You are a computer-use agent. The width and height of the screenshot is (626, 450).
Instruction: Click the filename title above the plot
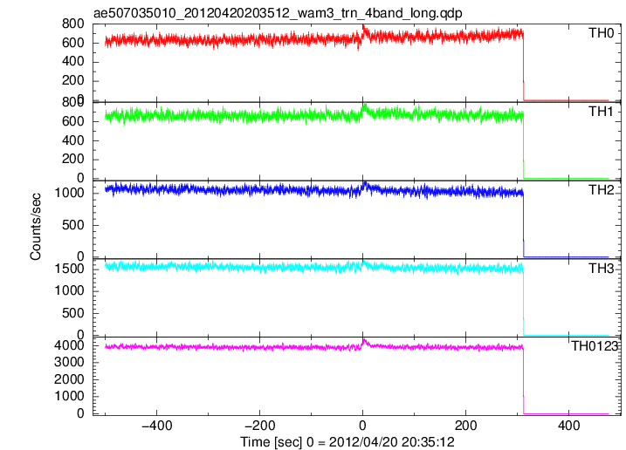[x=278, y=13]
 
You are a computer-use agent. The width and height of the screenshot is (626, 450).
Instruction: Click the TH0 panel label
[x=601, y=33]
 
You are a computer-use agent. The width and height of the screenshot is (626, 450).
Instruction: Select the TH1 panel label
[x=601, y=112]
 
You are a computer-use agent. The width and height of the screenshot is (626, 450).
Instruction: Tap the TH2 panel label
[x=601, y=190]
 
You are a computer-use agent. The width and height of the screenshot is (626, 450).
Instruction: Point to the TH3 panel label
[x=601, y=269]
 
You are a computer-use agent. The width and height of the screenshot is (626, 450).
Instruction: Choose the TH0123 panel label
[x=595, y=346]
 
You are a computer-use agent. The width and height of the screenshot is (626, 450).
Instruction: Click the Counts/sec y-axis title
[x=36, y=227]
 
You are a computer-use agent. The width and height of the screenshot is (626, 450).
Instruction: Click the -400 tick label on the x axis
[x=157, y=426]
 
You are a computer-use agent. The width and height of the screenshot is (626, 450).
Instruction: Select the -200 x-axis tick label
[x=260, y=426]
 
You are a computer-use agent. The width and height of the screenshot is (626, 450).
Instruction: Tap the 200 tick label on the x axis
[x=466, y=426]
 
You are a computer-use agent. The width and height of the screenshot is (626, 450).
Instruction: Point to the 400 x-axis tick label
[x=569, y=426]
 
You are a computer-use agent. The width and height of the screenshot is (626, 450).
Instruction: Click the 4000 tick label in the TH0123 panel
[x=70, y=345]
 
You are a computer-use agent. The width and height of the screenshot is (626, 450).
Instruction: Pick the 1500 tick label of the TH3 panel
[x=70, y=269]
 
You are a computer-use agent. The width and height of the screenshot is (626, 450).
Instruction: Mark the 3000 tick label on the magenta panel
[x=70, y=362]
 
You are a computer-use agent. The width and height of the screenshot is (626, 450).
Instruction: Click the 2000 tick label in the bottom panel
[x=70, y=379]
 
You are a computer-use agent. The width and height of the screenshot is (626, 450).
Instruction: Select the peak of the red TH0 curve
[x=363, y=25]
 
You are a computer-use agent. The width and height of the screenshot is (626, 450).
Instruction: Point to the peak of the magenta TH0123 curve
[x=364, y=339]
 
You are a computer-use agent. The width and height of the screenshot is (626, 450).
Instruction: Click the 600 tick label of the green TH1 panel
[x=73, y=121]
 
